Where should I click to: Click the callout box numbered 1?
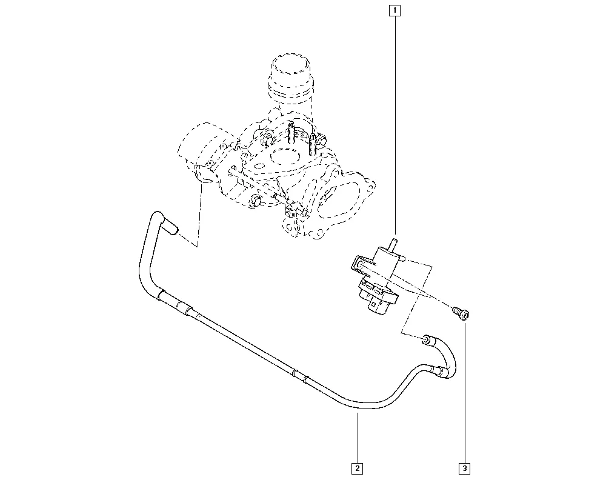click(x=395, y=10)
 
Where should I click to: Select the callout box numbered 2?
click(x=357, y=469)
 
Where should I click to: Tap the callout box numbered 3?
click(x=465, y=469)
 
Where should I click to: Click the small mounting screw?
click(x=461, y=313)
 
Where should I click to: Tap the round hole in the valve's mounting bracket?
click(x=359, y=265)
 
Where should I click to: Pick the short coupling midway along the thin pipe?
click(x=301, y=376)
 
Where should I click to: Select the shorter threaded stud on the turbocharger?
click(x=312, y=144)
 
